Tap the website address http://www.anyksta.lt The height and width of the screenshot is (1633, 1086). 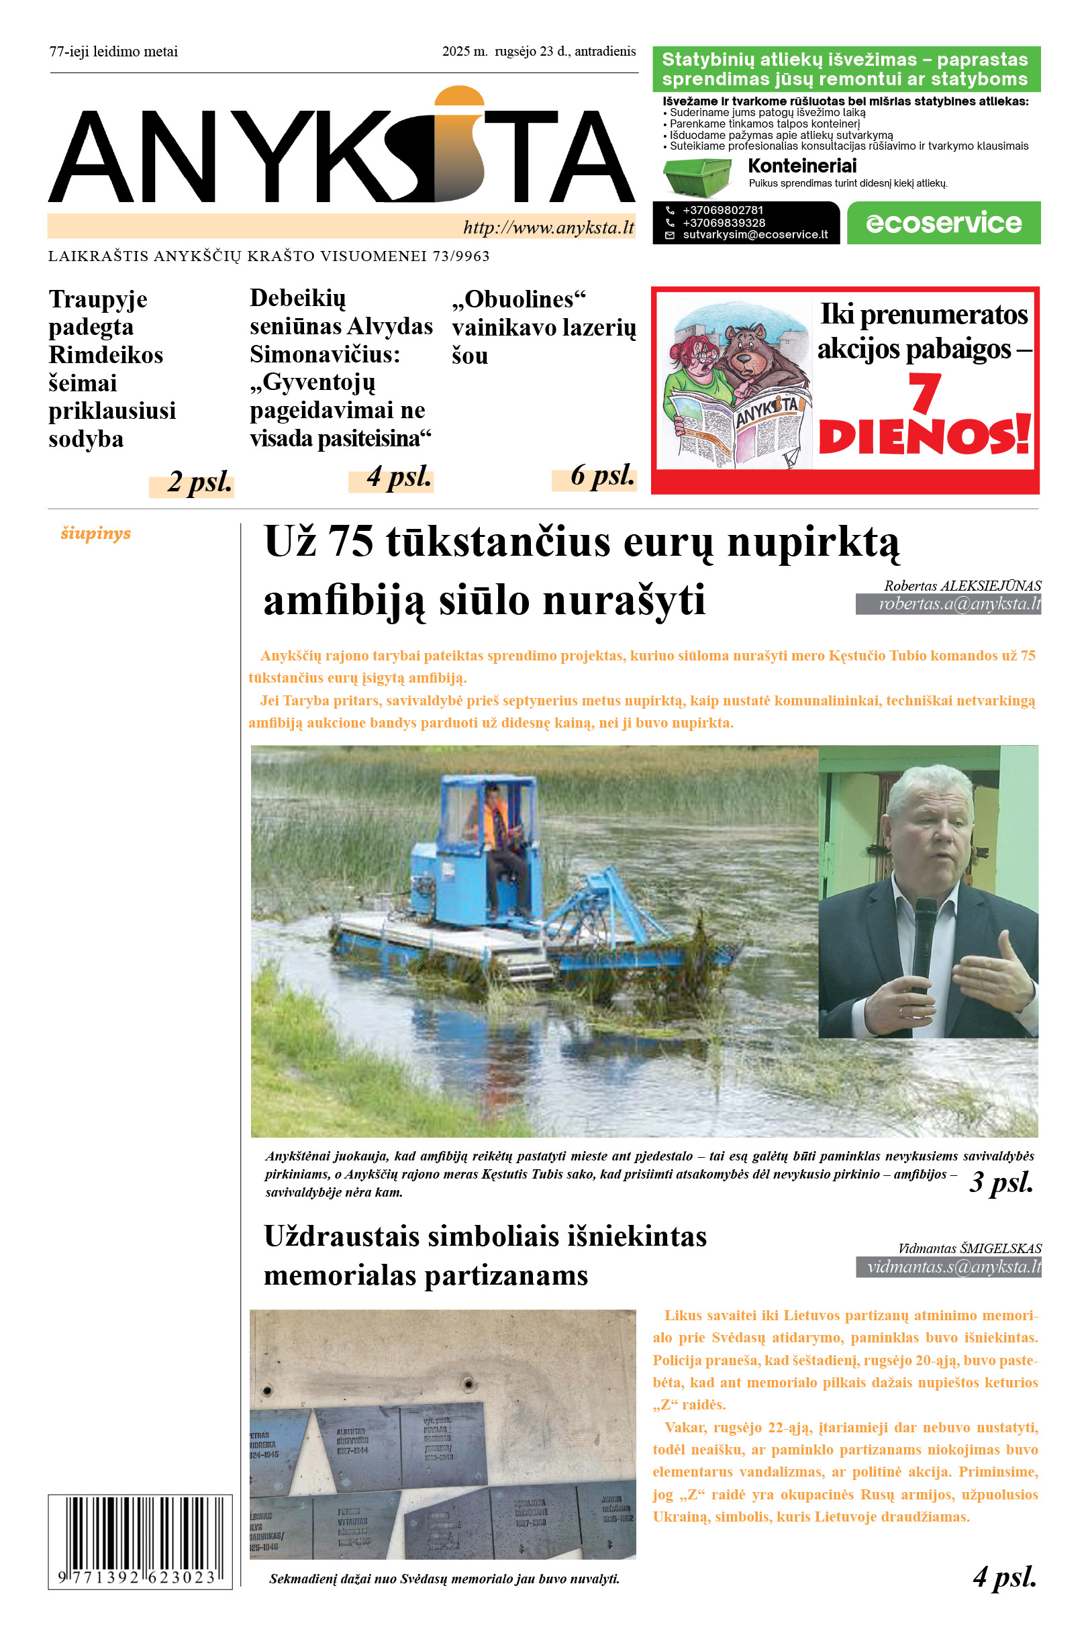click(548, 228)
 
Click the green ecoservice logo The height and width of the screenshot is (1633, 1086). click(943, 223)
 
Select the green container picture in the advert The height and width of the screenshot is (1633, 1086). click(697, 177)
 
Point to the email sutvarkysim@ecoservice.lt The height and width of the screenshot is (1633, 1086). click(755, 235)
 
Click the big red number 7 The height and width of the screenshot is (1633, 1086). click(924, 393)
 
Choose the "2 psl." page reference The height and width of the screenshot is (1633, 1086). click(199, 483)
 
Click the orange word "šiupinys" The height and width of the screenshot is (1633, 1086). click(95, 533)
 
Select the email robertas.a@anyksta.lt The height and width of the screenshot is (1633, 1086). click(959, 604)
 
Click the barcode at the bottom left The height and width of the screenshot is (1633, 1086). click(140, 1542)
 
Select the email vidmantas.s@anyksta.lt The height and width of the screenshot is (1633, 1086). click(954, 1267)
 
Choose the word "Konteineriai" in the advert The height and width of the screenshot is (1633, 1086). click(802, 166)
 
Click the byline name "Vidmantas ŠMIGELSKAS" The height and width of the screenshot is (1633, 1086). click(969, 1248)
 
